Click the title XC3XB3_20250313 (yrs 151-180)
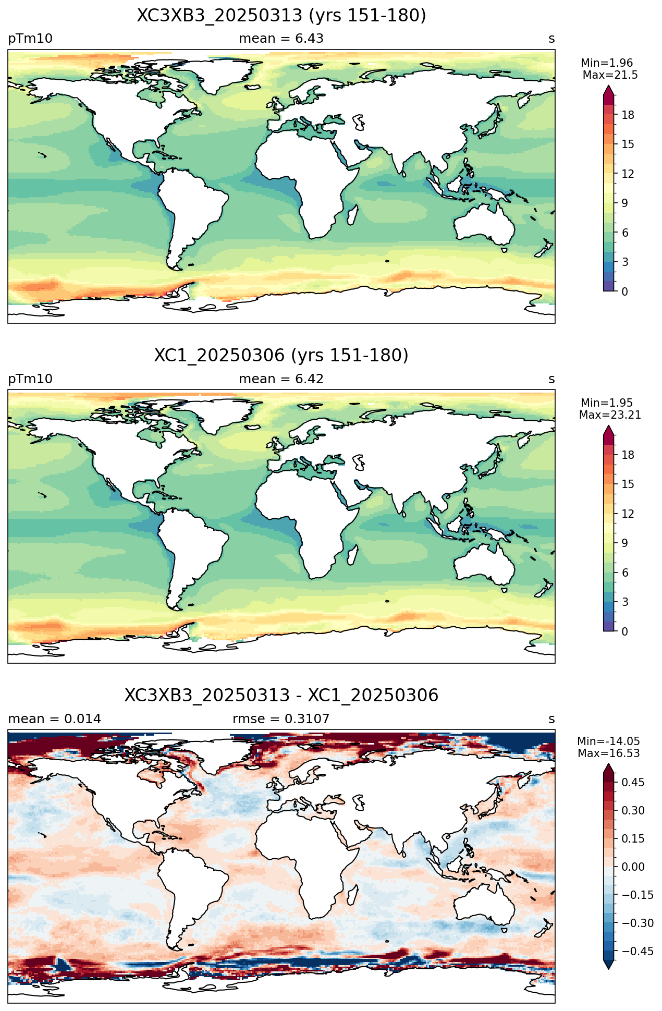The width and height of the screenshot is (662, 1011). (281, 16)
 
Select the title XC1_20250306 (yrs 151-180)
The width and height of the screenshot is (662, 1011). (281, 356)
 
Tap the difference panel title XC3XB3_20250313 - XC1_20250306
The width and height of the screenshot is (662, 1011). (281, 695)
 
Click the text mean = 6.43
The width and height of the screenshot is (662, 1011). (281, 39)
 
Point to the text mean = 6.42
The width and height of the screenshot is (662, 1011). (281, 379)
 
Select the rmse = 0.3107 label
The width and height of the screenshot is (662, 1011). (281, 719)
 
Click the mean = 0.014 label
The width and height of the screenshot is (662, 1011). (54, 719)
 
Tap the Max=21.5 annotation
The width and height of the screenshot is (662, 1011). (610, 75)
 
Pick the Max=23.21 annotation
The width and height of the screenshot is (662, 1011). (610, 415)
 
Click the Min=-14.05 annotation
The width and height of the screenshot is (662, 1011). (608, 741)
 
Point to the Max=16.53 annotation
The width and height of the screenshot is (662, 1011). (608, 753)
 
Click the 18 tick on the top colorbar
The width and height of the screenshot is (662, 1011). (628, 115)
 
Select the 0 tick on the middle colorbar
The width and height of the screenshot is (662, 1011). (625, 631)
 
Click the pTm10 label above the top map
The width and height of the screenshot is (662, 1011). (30, 39)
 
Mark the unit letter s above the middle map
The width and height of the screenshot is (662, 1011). (551, 379)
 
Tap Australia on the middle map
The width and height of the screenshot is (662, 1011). (485, 564)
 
